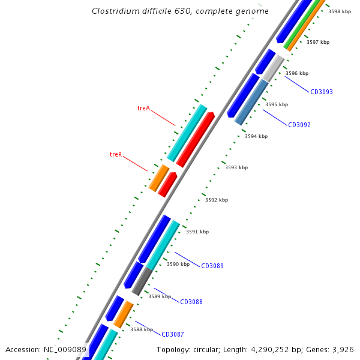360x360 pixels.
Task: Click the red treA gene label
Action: [x=143, y=109]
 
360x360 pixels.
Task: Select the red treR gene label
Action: [x=116, y=154]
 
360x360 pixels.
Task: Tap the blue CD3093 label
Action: [x=321, y=92]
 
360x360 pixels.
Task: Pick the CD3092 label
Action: [x=299, y=125]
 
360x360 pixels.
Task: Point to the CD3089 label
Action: [x=212, y=266]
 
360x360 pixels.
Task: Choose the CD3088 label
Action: [x=191, y=302]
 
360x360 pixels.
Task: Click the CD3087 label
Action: [x=173, y=334]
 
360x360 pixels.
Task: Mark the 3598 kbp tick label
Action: [x=340, y=11]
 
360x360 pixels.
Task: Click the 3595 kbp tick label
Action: [x=276, y=104]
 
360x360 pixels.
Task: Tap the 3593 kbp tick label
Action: [x=236, y=168]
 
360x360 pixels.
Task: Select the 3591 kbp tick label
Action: [x=197, y=232]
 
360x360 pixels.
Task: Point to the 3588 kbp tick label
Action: [x=142, y=329]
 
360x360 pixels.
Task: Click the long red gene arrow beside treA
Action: [x=196, y=139]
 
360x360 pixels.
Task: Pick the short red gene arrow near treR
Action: [x=167, y=184]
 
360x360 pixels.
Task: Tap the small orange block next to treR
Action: [x=159, y=178]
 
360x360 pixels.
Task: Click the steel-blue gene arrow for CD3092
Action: [x=252, y=102]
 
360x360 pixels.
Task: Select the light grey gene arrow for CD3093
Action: [x=273, y=68]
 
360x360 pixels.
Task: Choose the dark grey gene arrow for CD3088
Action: [x=142, y=281]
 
